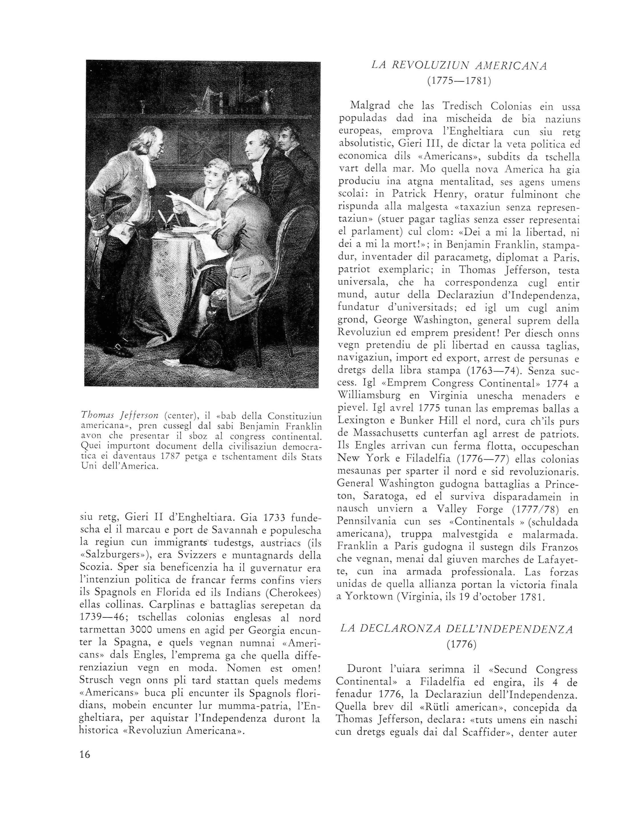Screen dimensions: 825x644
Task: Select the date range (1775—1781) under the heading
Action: click(459, 82)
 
